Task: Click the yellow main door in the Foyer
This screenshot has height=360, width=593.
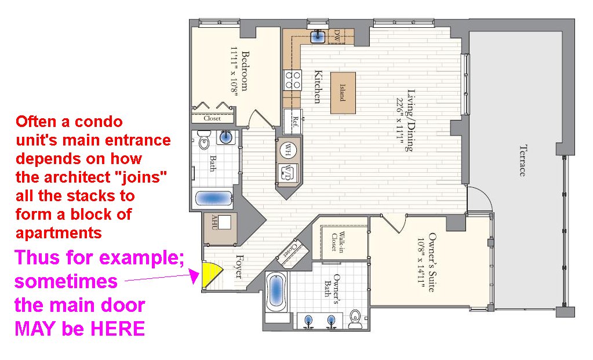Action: click(x=209, y=274)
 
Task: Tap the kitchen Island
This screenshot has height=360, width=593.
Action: click(x=343, y=93)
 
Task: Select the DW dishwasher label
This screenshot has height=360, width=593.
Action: click(x=337, y=37)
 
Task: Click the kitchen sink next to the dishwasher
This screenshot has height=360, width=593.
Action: click(x=318, y=37)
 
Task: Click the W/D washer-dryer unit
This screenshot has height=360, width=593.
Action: click(x=288, y=172)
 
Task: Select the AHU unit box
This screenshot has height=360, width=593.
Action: click(x=220, y=228)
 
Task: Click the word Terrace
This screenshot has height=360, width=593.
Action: click(x=522, y=161)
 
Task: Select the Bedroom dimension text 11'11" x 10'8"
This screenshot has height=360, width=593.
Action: click(x=235, y=71)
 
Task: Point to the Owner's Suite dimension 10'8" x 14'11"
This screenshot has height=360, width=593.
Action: click(x=422, y=263)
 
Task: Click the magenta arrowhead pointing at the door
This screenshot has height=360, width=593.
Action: click(x=194, y=277)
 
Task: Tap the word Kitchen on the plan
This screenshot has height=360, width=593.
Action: click(x=318, y=86)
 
